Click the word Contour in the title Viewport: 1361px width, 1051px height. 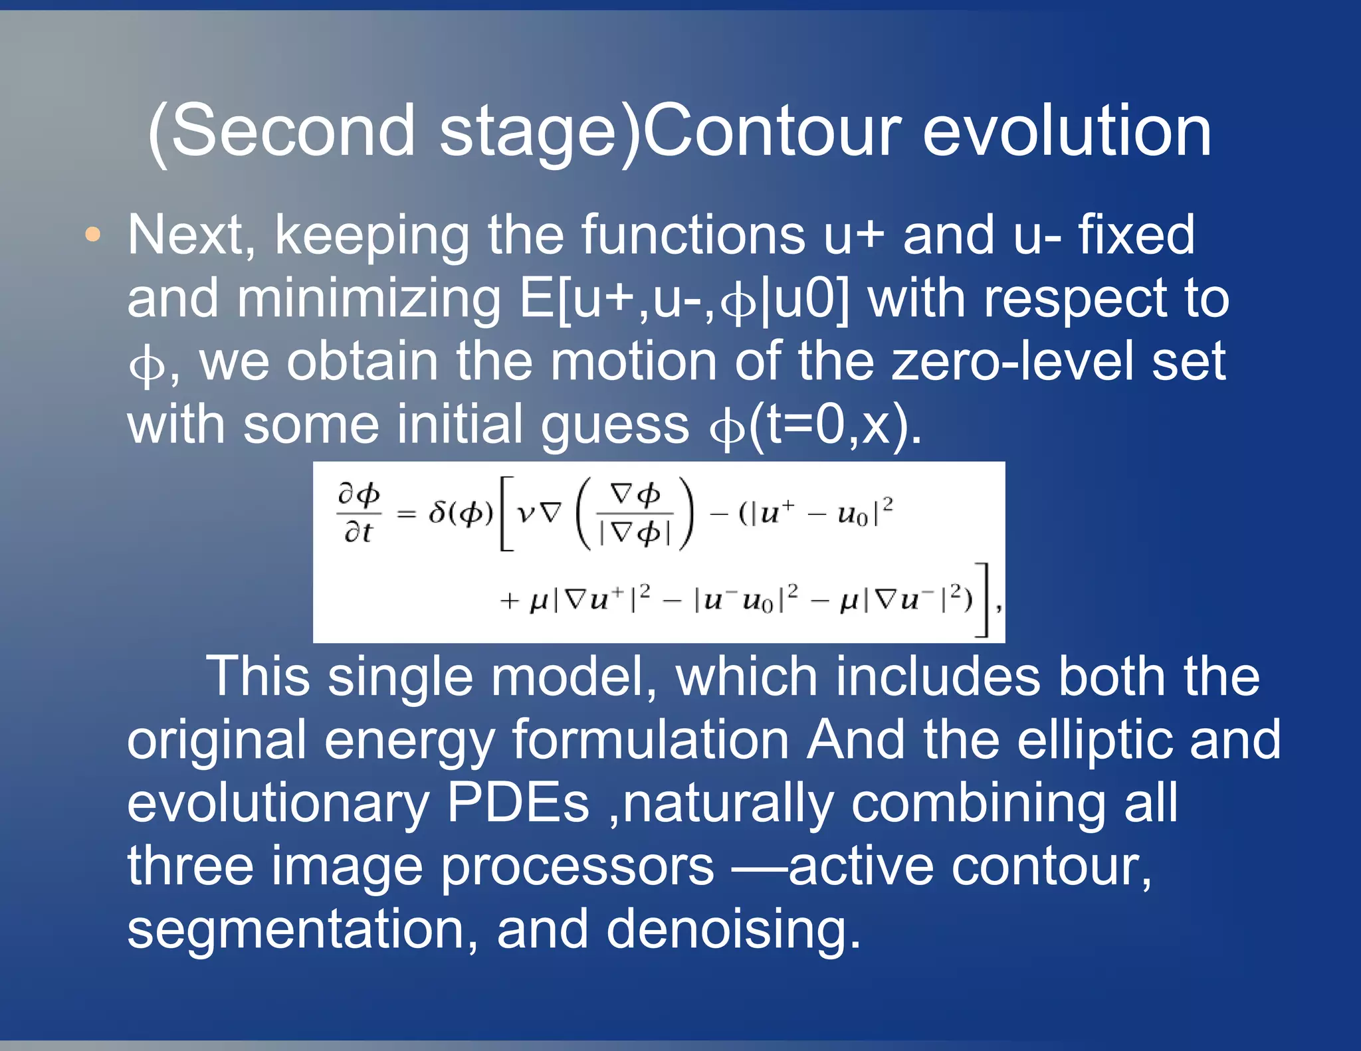pos(772,132)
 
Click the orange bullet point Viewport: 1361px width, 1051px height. pos(93,235)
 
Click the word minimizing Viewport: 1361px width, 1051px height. pos(369,298)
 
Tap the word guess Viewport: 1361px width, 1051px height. pos(615,425)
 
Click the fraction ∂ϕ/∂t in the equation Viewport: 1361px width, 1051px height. pos(359,512)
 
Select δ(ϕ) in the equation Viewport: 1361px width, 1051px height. pos(461,513)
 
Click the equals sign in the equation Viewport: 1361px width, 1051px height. pos(406,514)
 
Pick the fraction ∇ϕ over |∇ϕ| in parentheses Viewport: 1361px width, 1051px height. pos(635,513)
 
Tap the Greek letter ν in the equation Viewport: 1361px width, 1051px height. pos(526,513)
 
